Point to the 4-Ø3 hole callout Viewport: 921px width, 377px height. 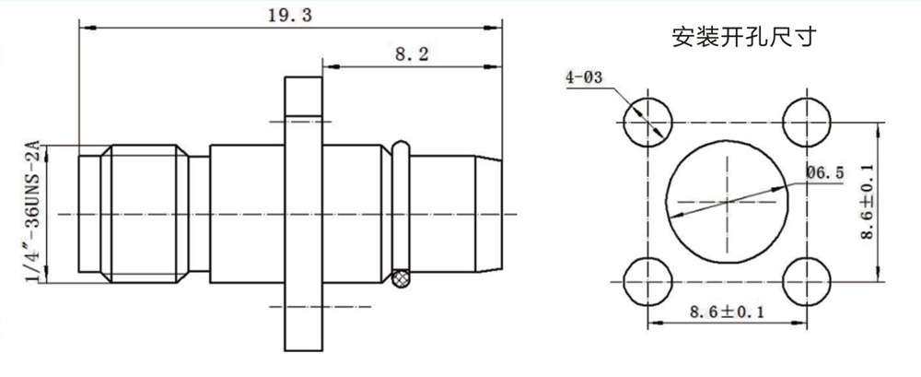pos(585,78)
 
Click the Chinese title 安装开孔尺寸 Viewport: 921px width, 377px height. pos(745,39)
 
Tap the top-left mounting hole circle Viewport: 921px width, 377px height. pos(647,121)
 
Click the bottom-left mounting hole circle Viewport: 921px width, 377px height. pos(647,280)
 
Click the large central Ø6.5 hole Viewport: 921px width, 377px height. pos(727,200)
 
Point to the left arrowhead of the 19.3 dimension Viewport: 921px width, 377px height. pos(85,28)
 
